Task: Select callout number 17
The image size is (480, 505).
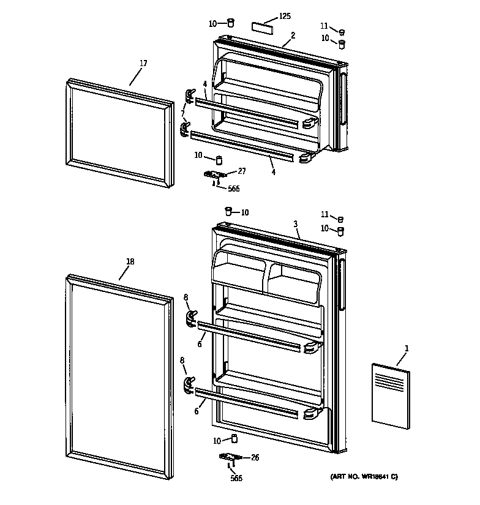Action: [x=143, y=63]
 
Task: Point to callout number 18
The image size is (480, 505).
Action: [x=129, y=262]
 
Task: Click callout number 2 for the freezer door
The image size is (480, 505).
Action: [x=293, y=36]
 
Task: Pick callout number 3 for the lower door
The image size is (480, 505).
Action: [x=296, y=225]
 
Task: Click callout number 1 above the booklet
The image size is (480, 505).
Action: [x=407, y=349]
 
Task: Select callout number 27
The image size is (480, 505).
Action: [x=241, y=171]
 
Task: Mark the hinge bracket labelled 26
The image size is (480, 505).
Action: [x=230, y=458]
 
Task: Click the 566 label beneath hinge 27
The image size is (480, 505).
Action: [x=233, y=189]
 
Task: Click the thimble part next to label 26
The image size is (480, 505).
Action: [x=233, y=439]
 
